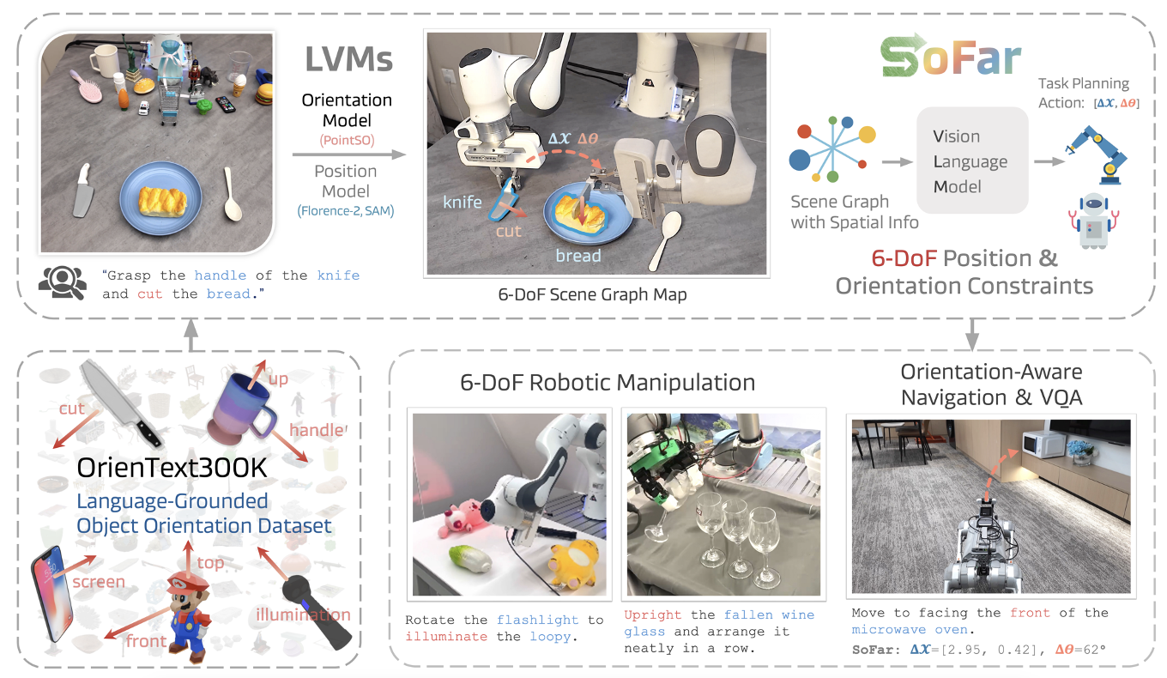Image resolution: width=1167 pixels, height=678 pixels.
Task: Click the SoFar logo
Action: coord(951,58)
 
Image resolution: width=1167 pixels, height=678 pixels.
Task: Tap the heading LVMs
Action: coord(349,58)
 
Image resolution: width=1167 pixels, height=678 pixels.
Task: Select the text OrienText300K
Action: coord(170,469)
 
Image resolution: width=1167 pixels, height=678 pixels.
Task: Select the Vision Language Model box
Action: coord(971,160)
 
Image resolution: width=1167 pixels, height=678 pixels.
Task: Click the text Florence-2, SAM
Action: coord(346,210)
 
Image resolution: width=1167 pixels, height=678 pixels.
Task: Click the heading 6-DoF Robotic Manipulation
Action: coord(608,383)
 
